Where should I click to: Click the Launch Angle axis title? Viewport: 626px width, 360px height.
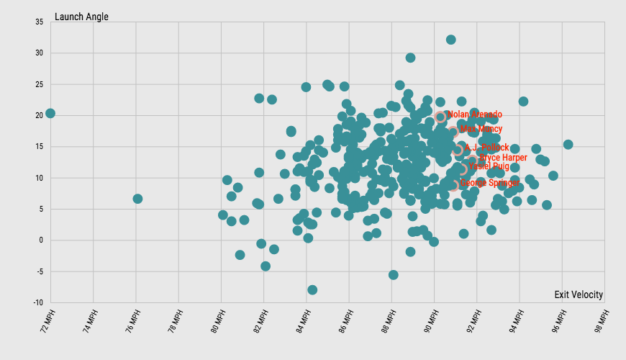coord(81,17)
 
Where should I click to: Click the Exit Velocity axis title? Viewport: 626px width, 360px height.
coord(579,294)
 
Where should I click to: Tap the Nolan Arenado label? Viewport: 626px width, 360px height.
coord(475,114)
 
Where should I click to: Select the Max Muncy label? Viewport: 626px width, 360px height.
coord(481,130)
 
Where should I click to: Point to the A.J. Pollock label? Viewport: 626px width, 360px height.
coord(486,148)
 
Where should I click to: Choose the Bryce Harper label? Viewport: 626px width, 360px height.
coord(503,158)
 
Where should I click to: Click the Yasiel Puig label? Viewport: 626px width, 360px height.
coord(489,166)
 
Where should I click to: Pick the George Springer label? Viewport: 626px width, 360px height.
coord(489,183)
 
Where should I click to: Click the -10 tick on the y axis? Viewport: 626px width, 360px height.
coord(37,302)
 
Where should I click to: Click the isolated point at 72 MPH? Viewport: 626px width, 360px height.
coord(50,113)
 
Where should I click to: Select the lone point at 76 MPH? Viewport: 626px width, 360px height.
coord(137,199)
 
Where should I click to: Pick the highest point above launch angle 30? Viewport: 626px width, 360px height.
coord(450,40)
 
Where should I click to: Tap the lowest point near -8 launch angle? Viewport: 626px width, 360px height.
coord(312,289)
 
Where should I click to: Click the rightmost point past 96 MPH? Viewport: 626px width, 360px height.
coord(568,144)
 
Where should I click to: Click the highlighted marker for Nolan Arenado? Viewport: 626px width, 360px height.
coord(440,117)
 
